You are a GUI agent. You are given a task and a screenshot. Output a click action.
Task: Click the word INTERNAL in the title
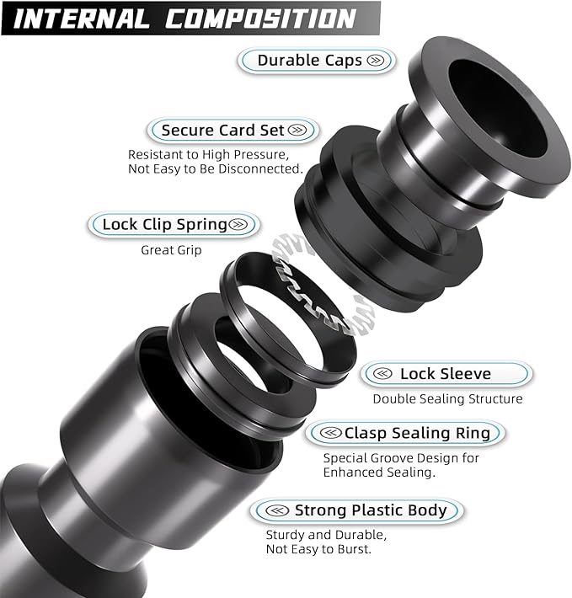pos(83,19)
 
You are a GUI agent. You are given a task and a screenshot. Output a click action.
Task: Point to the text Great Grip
pos(172,250)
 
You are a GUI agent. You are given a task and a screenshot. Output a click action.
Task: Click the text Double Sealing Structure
pos(447,398)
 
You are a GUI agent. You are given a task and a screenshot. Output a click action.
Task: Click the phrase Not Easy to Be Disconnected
pos(215,169)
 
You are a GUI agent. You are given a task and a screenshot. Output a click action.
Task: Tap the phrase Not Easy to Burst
pos(319,549)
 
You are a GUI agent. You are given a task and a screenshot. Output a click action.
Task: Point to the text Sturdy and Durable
pos(326,535)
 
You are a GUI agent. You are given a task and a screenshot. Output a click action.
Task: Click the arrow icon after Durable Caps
pos(377,61)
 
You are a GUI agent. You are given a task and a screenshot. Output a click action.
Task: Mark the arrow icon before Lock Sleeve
pos(382,373)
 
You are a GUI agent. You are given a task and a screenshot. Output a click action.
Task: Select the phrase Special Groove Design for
pos(401,458)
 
